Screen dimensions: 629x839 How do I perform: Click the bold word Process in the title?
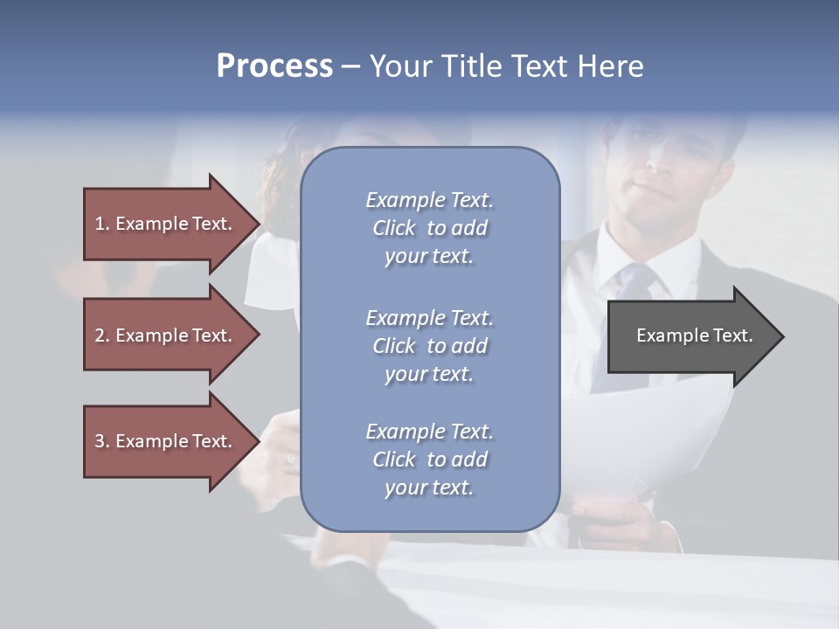click(274, 66)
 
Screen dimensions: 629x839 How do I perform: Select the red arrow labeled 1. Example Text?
click(166, 224)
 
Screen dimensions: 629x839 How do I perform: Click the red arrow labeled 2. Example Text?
click(166, 335)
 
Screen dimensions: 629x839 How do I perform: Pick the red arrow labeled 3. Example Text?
click(166, 441)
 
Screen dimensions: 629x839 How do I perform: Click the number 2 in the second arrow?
click(100, 335)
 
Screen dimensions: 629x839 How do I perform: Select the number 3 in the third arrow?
click(100, 441)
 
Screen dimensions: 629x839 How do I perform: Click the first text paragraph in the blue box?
click(429, 228)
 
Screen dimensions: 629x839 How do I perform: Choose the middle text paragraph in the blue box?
click(429, 346)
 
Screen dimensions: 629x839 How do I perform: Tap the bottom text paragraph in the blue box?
click(429, 460)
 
